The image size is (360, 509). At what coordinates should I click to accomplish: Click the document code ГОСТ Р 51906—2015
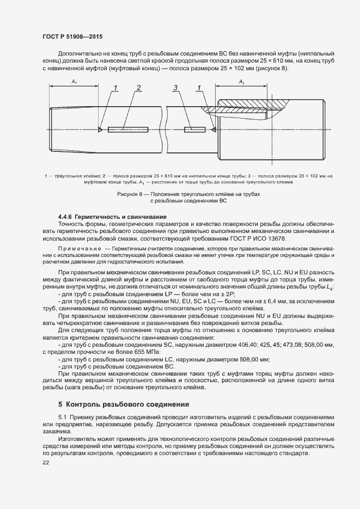point(72,36)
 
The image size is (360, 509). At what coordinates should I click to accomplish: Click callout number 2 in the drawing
point(139,88)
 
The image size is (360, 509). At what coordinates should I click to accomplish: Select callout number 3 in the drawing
point(175,88)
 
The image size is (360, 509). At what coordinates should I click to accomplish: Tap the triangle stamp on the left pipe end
point(101,130)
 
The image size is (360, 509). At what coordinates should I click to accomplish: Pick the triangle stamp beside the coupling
point(212,130)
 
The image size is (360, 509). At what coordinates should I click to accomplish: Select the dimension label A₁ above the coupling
point(242,81)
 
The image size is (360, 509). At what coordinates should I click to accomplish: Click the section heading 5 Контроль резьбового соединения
point(124,404)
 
